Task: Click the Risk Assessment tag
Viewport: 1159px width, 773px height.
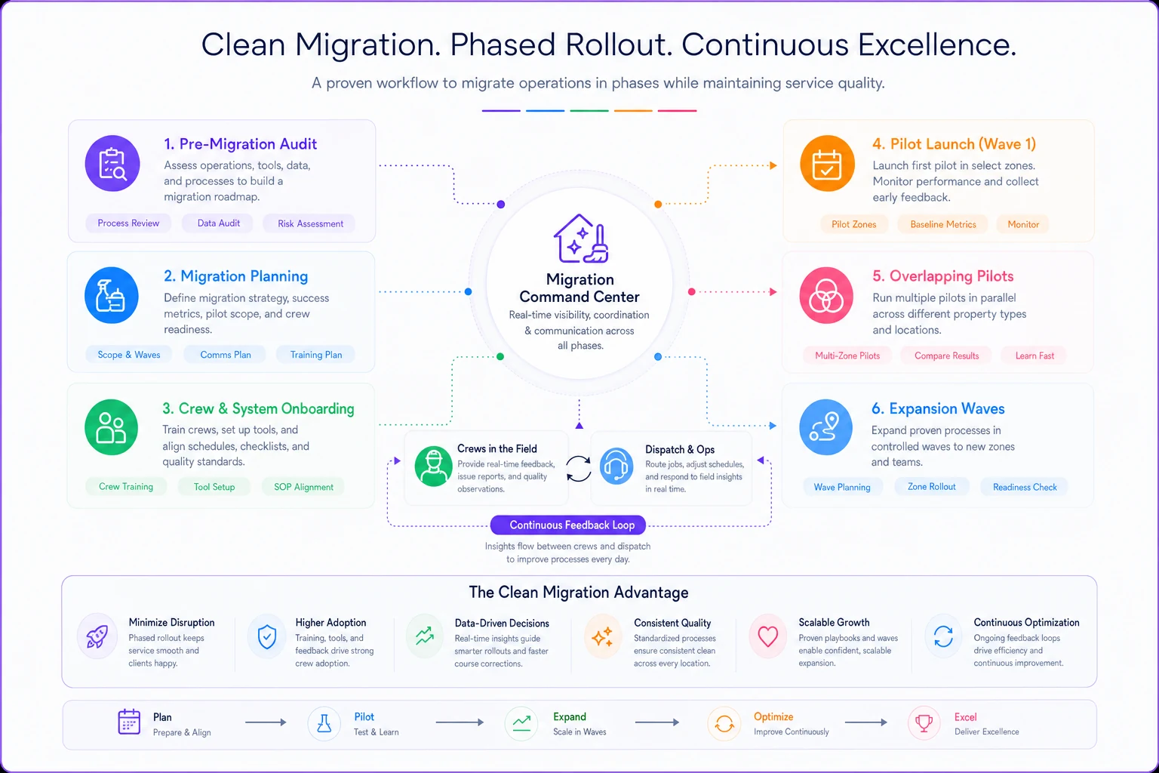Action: click(310, 223)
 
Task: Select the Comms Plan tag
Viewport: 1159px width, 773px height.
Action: click(225, 355)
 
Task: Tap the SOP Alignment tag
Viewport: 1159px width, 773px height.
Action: click(303, 487)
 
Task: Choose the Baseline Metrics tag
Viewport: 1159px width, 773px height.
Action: click(942, 224)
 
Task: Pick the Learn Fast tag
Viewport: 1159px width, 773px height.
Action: click(1034, 356)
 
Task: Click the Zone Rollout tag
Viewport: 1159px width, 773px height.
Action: click(931, 487)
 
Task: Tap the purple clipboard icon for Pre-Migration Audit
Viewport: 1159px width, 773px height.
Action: click(112, 164)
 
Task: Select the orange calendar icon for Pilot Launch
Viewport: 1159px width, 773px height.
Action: click(827, 164)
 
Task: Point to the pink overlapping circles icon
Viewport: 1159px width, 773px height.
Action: click(826, 296)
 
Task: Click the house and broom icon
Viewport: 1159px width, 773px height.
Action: click(581, 239)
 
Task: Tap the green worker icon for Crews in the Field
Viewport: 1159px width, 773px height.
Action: click(434, 467)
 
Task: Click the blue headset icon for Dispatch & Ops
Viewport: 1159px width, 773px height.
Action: click(616, 467)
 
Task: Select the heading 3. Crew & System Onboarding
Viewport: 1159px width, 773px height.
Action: click(258, 408)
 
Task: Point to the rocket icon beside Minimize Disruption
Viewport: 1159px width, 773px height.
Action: click(97, 636)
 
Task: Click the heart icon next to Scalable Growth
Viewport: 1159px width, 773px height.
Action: click(768, 636)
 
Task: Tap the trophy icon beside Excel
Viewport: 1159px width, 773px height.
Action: click(924, 722)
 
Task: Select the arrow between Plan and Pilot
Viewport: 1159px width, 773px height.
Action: click(266, 722)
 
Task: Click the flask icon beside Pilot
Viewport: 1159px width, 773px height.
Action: click(324, 723)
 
